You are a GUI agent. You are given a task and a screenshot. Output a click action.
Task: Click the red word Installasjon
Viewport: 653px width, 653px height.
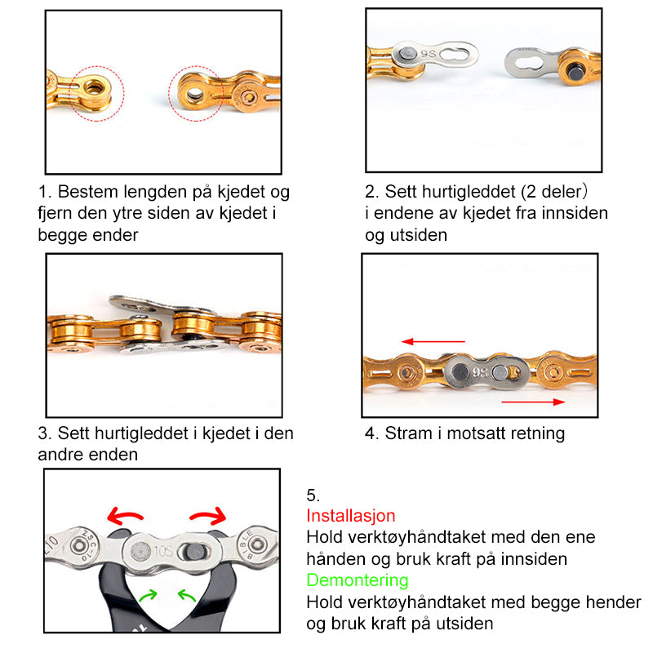[350, 516]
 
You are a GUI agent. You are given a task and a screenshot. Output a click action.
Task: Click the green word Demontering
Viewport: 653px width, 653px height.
[357, 580]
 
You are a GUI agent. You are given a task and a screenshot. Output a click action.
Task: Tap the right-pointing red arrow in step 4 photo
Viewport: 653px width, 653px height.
[532, 402]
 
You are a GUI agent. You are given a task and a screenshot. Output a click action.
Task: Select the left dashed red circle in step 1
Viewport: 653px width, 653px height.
[96, 93]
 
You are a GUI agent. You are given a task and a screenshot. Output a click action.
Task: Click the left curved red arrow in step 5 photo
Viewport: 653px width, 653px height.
[127, 516]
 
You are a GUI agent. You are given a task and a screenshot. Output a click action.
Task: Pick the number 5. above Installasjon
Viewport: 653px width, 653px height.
[313, 495]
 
